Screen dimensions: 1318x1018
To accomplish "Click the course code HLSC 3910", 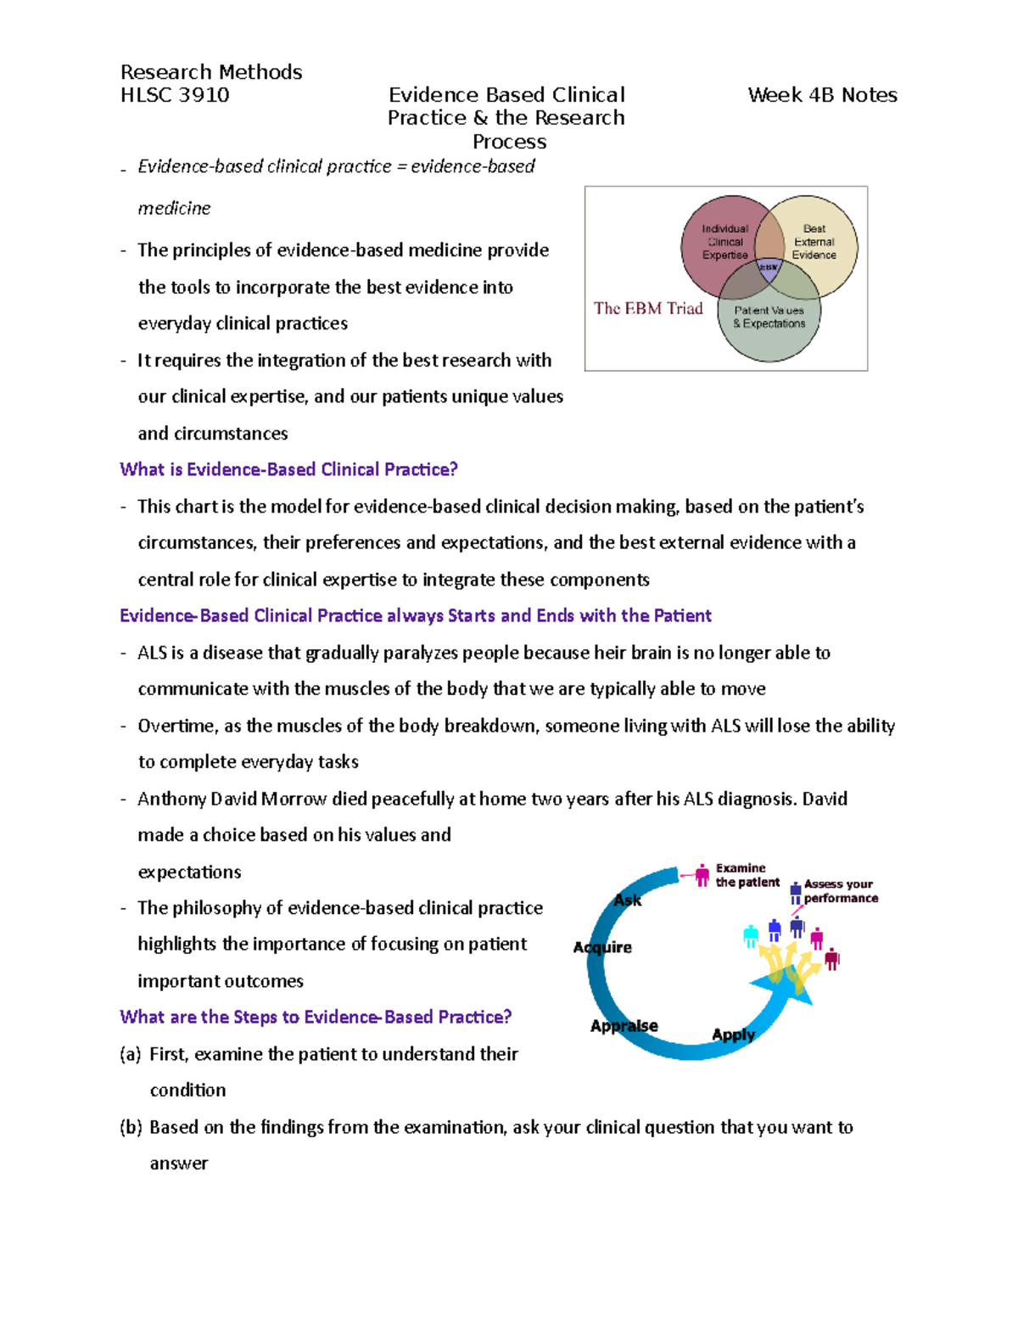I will [175, 95].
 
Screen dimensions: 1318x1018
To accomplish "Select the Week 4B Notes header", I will [822, 95].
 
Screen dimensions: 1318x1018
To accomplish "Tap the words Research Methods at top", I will [211, 72].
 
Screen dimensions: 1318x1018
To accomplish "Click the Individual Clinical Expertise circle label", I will [724, 242].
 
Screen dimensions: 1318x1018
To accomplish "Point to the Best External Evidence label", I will [814, 242].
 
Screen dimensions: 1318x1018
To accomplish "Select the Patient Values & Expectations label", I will [769, 317].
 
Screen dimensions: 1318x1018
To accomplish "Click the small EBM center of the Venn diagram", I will [769, 267].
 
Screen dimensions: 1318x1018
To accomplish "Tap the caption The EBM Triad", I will [648, 309].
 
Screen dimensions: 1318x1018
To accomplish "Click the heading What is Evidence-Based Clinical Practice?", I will [288, 469].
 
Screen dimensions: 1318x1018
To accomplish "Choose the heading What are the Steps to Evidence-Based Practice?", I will [316, 1017].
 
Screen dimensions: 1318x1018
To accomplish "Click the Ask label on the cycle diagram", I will [627, 900].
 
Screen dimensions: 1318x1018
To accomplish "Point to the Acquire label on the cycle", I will [602, 947].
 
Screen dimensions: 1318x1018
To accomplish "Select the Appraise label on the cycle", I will [624, 1026].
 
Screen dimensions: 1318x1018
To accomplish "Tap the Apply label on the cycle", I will [733, 1035].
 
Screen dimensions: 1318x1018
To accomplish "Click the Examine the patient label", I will [747, 875].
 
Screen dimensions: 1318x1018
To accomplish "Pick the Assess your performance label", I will [840, 891].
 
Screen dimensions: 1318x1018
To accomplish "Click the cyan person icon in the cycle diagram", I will [750, 936].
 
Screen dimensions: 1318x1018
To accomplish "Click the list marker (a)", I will [130, 1054].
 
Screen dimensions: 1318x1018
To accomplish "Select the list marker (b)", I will [130, 1127].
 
